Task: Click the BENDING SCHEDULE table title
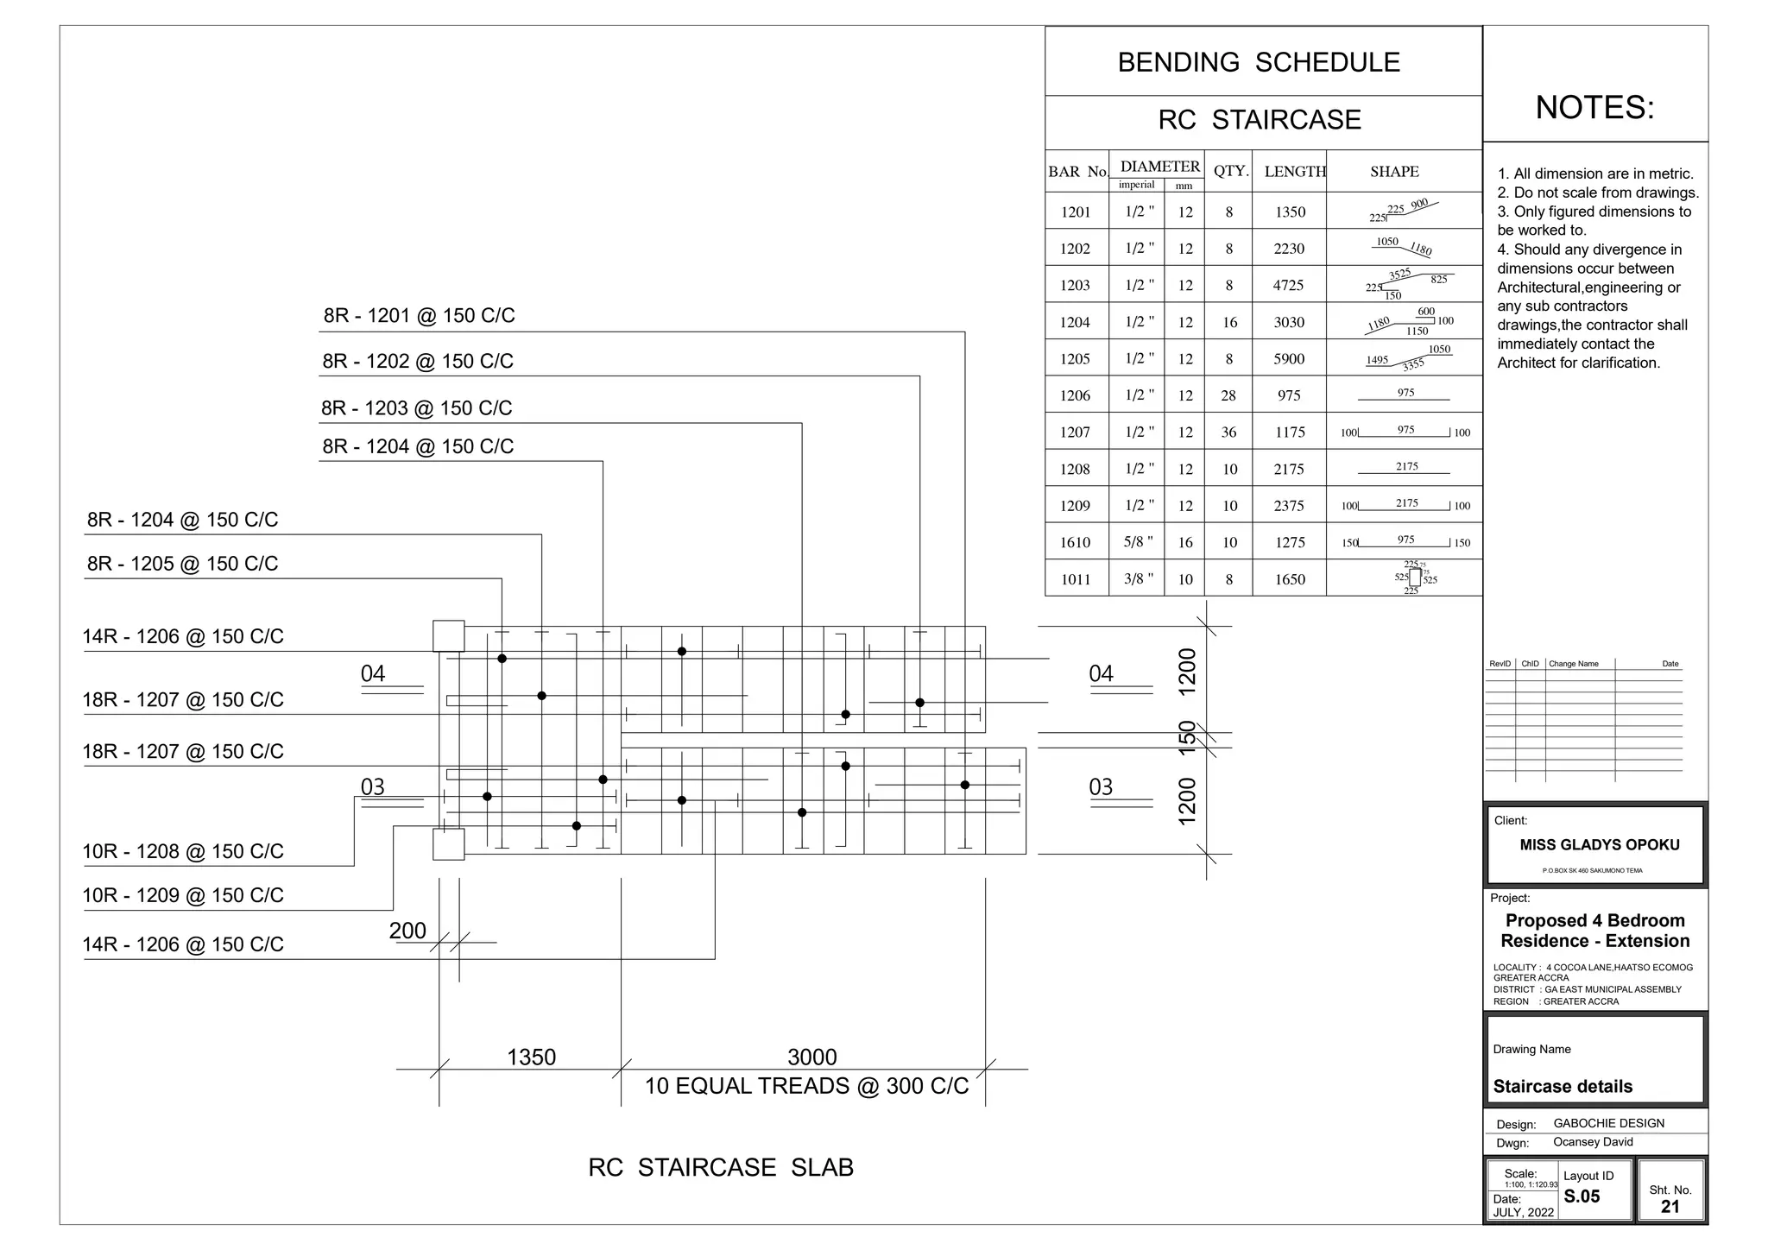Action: pos(1259,62)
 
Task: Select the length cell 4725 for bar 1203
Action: pos(1288,285)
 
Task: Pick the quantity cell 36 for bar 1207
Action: pos(1228,432)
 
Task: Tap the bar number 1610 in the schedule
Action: pos(1076,542)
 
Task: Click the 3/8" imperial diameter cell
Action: pos(1139,578)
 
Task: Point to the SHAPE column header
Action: pos(1394,171)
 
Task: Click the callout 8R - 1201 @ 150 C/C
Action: pos(420,316)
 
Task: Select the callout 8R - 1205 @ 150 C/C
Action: pos(182,564)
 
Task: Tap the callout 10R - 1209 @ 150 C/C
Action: pos(182,895)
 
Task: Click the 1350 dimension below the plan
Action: pos(531,1057)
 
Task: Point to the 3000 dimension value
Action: pos(812,1057)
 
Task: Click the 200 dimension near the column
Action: pos(407,931)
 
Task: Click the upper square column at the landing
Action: pos(448,636)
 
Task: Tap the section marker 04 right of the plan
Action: pos(1101,673)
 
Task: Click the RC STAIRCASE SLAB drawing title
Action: pos(721,1167)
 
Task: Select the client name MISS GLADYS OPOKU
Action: pos(1600,845)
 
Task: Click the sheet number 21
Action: pos(1670,1207)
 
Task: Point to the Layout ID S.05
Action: pos(1582,1196)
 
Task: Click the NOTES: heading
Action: pos(1594,108)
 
